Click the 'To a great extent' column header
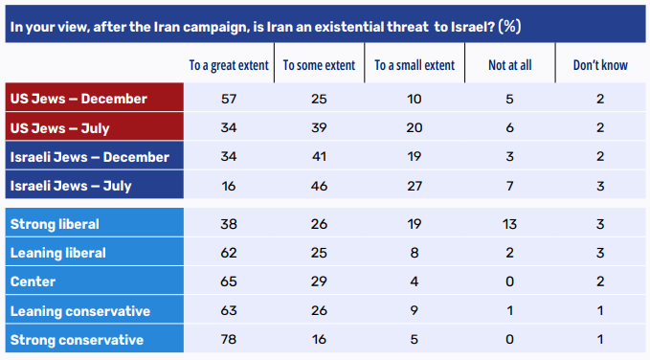pos(229,65)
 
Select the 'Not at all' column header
pos(510,65)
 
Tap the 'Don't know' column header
pos(600,65)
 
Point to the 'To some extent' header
pos(319,65)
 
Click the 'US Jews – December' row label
pos(78,99)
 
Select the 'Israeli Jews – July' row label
pos(71,186)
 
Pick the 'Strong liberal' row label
pos(55,224)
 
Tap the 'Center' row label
pos(33,281)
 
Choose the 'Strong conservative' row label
pos(77,340)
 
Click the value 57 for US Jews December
pos(229,99)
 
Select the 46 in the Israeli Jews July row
pos(319,186)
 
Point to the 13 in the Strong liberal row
pos(509,224)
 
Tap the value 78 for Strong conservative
pos(229,340)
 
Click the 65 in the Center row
pos(229,281)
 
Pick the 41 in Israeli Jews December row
pos(319,157)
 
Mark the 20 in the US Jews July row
pos(415,127)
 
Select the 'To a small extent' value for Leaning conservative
pos(415,310)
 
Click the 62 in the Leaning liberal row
pos(229,253)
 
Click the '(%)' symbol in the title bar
pos(510,27)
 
